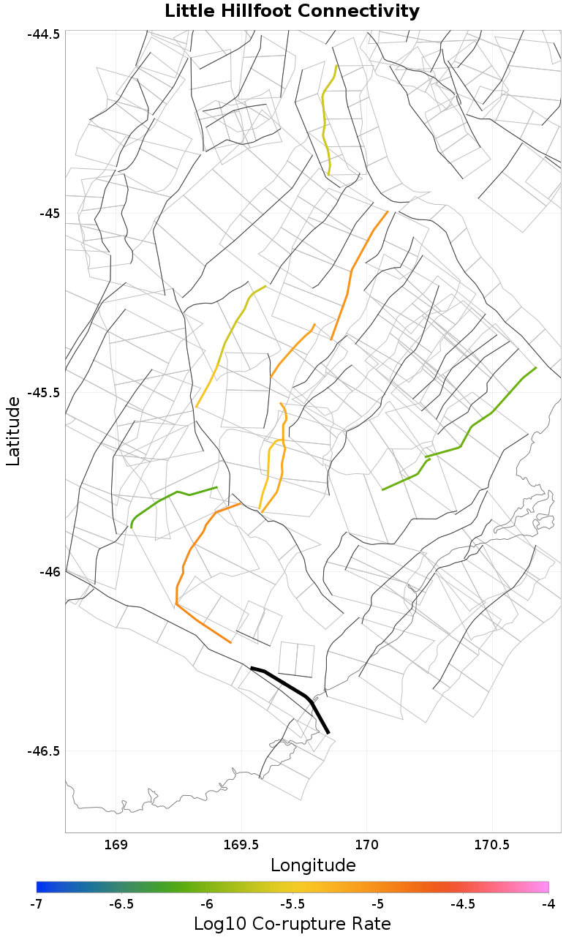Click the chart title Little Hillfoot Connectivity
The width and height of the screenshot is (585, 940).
292,12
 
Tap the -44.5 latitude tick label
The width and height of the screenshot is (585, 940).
45,34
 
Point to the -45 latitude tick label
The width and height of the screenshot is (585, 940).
50,214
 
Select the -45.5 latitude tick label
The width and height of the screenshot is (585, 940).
45,393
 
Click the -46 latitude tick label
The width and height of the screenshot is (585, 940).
50,571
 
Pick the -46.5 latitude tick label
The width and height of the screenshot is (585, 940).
45,751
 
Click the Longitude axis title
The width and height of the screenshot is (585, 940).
313,865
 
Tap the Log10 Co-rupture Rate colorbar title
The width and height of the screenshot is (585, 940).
292,923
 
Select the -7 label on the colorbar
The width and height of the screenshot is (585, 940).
37,904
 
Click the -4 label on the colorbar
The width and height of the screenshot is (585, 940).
548,904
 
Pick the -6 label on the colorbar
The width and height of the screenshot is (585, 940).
207,904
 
